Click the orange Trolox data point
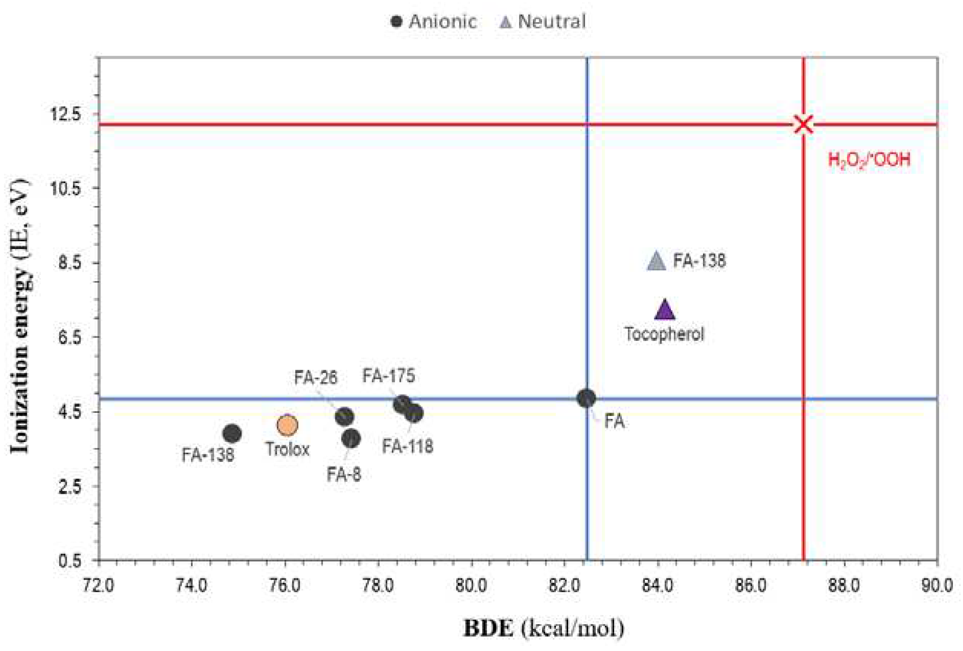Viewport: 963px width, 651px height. (x=287, y=425)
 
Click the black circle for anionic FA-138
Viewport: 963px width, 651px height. (x=232, y=434)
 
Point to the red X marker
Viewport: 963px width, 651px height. (x=803, y=124)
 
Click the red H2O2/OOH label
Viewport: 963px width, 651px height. (x=869, y=160)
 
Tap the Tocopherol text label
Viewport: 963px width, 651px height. (x=664, y=334)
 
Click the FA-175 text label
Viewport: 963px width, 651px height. (x=388, y=376)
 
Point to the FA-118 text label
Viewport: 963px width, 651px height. (x=408, y=447)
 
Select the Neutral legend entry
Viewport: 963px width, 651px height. (x=543, y=21)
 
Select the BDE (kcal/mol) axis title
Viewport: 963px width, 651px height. (x=544, y=628)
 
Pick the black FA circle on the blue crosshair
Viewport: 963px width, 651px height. (x=586, y=399)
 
